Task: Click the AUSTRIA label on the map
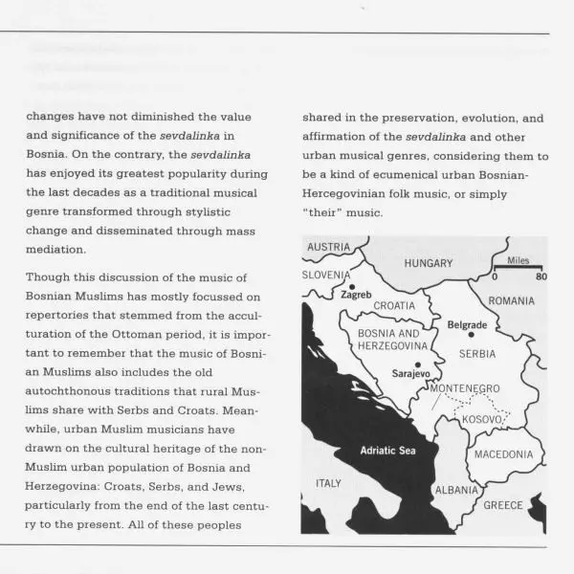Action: point(328,247)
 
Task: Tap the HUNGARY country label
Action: point(428,262)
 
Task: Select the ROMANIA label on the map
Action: point(511,300)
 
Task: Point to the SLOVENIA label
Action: point(326,275)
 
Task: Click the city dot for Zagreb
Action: point(351,286)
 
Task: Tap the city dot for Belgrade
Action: point(470,334)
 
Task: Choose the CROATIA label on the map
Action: point(394,306)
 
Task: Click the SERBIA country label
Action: point(477,353)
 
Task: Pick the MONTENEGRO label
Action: point(465,387)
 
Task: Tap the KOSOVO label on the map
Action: point(482,419)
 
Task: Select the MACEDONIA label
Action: point(503,454)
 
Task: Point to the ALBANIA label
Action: point(456,489)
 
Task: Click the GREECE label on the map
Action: point(503,505)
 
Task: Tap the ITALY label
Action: point(328,483)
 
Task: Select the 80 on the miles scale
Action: point(540,277)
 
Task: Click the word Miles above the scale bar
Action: point(518,260)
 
